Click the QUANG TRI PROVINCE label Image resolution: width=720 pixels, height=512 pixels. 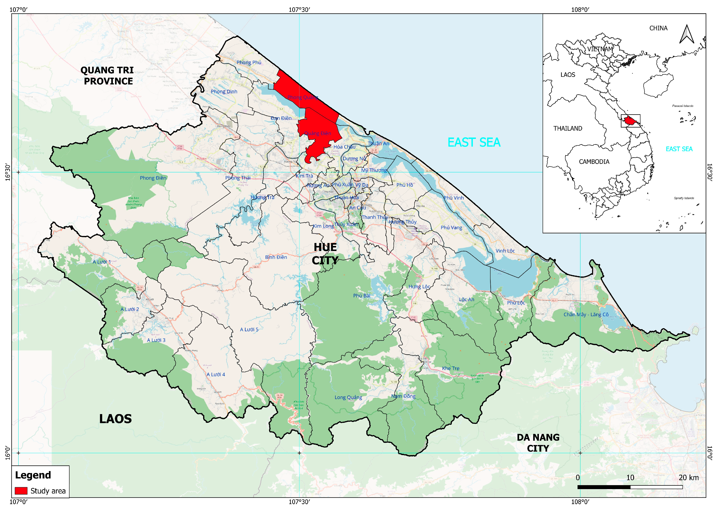tap(107, 76)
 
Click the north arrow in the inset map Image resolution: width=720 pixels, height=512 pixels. tap(687, 35)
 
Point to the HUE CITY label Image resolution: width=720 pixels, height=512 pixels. tap(325, 254)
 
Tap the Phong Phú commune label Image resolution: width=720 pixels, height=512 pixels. tap(249, 62)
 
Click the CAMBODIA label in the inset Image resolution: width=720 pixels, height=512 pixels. tap(594, 162)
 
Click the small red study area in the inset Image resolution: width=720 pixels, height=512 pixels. tap(630, 120)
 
